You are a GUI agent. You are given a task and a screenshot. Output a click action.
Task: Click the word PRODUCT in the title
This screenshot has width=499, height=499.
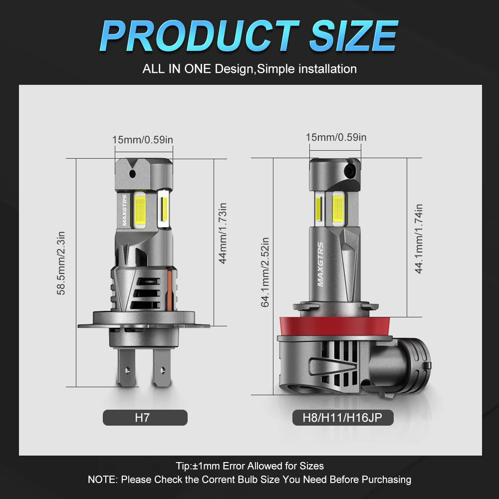(200, 35)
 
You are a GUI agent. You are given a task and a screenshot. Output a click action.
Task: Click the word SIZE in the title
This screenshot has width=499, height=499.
(354, 35)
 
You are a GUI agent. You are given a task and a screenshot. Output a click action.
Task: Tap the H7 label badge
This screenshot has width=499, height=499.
(145, 418)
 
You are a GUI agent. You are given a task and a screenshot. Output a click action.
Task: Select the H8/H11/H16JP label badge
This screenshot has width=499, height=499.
(343, 418)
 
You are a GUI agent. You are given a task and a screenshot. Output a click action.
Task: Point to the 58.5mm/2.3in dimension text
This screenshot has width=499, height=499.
(61, 263)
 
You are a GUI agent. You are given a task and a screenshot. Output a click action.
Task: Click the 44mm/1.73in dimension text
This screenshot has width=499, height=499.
(223, 233)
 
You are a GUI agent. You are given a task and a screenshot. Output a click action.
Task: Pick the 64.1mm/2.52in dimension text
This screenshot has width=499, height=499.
(265, 272)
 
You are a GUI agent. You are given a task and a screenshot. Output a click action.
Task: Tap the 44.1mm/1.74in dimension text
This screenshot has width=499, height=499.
(419, 239)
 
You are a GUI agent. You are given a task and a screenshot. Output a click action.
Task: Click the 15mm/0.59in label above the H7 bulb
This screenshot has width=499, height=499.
(143, 140)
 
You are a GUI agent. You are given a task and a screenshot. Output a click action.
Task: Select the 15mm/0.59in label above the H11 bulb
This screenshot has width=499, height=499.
(336, 137)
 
